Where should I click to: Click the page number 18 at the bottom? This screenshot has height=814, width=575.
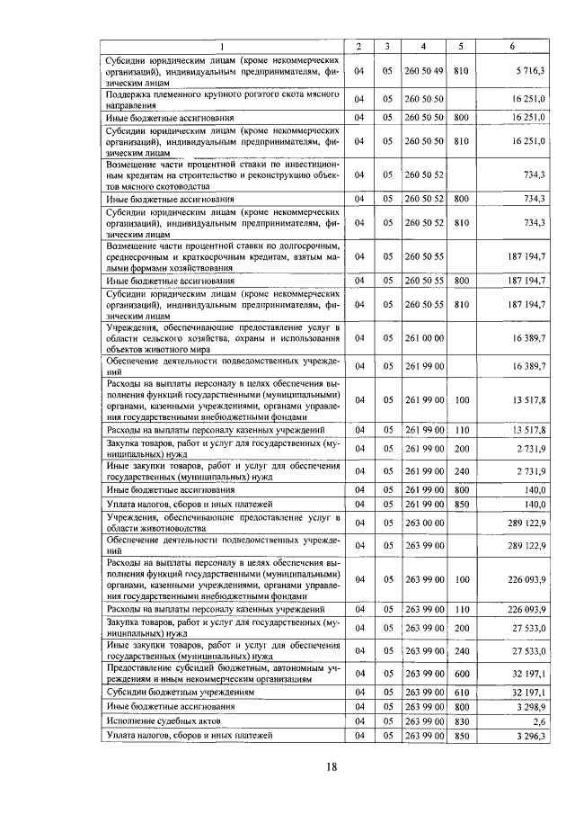(331, 767)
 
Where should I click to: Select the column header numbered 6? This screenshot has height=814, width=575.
(513, 46)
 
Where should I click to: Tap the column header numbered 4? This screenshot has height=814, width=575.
(423, 46)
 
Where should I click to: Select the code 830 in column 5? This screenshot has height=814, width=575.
(462, 720)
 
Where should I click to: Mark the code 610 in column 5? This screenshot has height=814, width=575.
(462, 692)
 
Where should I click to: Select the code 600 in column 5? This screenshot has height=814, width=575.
(462, 673)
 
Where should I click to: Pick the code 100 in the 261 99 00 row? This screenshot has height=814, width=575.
(462, 399)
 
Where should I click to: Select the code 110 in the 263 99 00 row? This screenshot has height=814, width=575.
(462, 610)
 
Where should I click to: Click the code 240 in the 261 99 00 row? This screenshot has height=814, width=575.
(462, 471)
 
